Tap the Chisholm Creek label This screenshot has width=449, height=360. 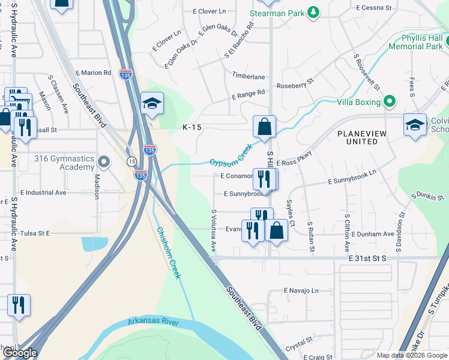168,252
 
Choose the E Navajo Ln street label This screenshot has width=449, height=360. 301,290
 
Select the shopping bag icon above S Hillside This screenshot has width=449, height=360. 264,126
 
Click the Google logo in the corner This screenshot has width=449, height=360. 19,353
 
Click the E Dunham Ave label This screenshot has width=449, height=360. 373,234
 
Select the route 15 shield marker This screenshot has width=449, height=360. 131,161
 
